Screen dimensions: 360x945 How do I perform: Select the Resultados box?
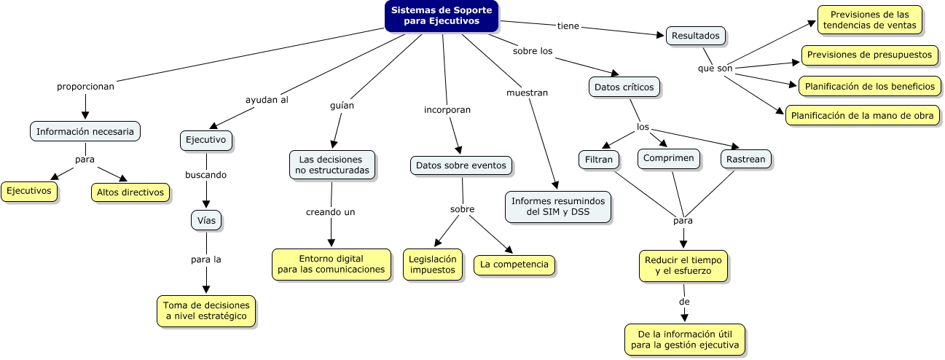(696, 35)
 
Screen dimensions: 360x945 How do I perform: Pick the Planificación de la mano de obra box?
(862, 115)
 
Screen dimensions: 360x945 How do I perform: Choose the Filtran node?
(599, 159)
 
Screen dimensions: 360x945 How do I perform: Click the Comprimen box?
(669, 158)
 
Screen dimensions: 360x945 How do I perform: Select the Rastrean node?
(745, 159)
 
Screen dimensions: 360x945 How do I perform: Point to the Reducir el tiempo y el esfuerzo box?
(683, 266)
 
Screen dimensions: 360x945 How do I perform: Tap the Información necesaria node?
(85, 132)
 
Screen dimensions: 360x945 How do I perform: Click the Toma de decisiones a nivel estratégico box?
(206, 311)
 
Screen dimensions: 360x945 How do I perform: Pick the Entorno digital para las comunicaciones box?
(331, 264)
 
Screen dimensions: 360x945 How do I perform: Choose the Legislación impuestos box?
(432, 264)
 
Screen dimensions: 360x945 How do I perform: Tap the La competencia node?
(514, 265)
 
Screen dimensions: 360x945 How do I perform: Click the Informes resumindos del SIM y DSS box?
(557, 206)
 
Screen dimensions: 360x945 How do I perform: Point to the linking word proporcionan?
(85, 86)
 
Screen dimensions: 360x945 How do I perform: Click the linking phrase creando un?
(330, 212)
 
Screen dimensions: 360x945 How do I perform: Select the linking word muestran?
(527, 93)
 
